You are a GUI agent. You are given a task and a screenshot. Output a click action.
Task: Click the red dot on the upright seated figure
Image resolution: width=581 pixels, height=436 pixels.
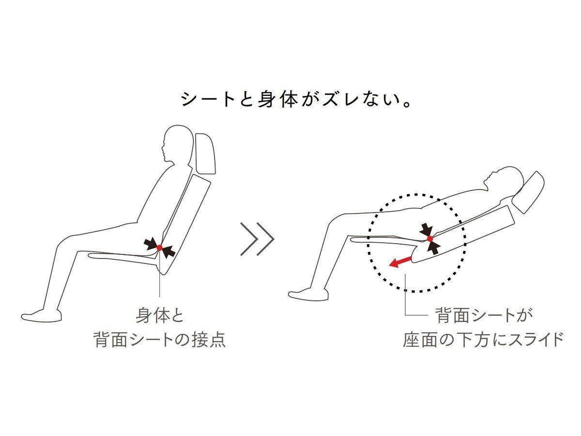click(159, 248)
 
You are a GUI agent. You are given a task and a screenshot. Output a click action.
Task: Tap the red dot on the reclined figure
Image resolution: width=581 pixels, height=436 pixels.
click(430, 239)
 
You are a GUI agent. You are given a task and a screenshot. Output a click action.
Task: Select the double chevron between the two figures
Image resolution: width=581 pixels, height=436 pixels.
click(257, 239)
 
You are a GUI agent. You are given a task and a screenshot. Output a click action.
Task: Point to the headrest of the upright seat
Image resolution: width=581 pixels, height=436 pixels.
click(205, 154)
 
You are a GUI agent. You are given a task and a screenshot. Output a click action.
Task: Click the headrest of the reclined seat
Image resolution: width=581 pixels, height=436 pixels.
click(528, 192)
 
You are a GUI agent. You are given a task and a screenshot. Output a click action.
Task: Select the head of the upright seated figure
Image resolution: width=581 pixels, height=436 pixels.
click(177, 144)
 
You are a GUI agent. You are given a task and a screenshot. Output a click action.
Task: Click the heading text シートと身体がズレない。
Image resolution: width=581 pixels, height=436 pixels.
click(295, 99)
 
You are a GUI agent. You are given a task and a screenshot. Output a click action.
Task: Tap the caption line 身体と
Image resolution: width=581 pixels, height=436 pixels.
click(160, 315)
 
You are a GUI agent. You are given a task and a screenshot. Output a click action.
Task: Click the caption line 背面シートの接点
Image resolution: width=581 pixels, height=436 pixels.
click(160, 340)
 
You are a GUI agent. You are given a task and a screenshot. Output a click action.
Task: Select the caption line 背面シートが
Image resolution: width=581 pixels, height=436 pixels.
click(484, 315)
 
